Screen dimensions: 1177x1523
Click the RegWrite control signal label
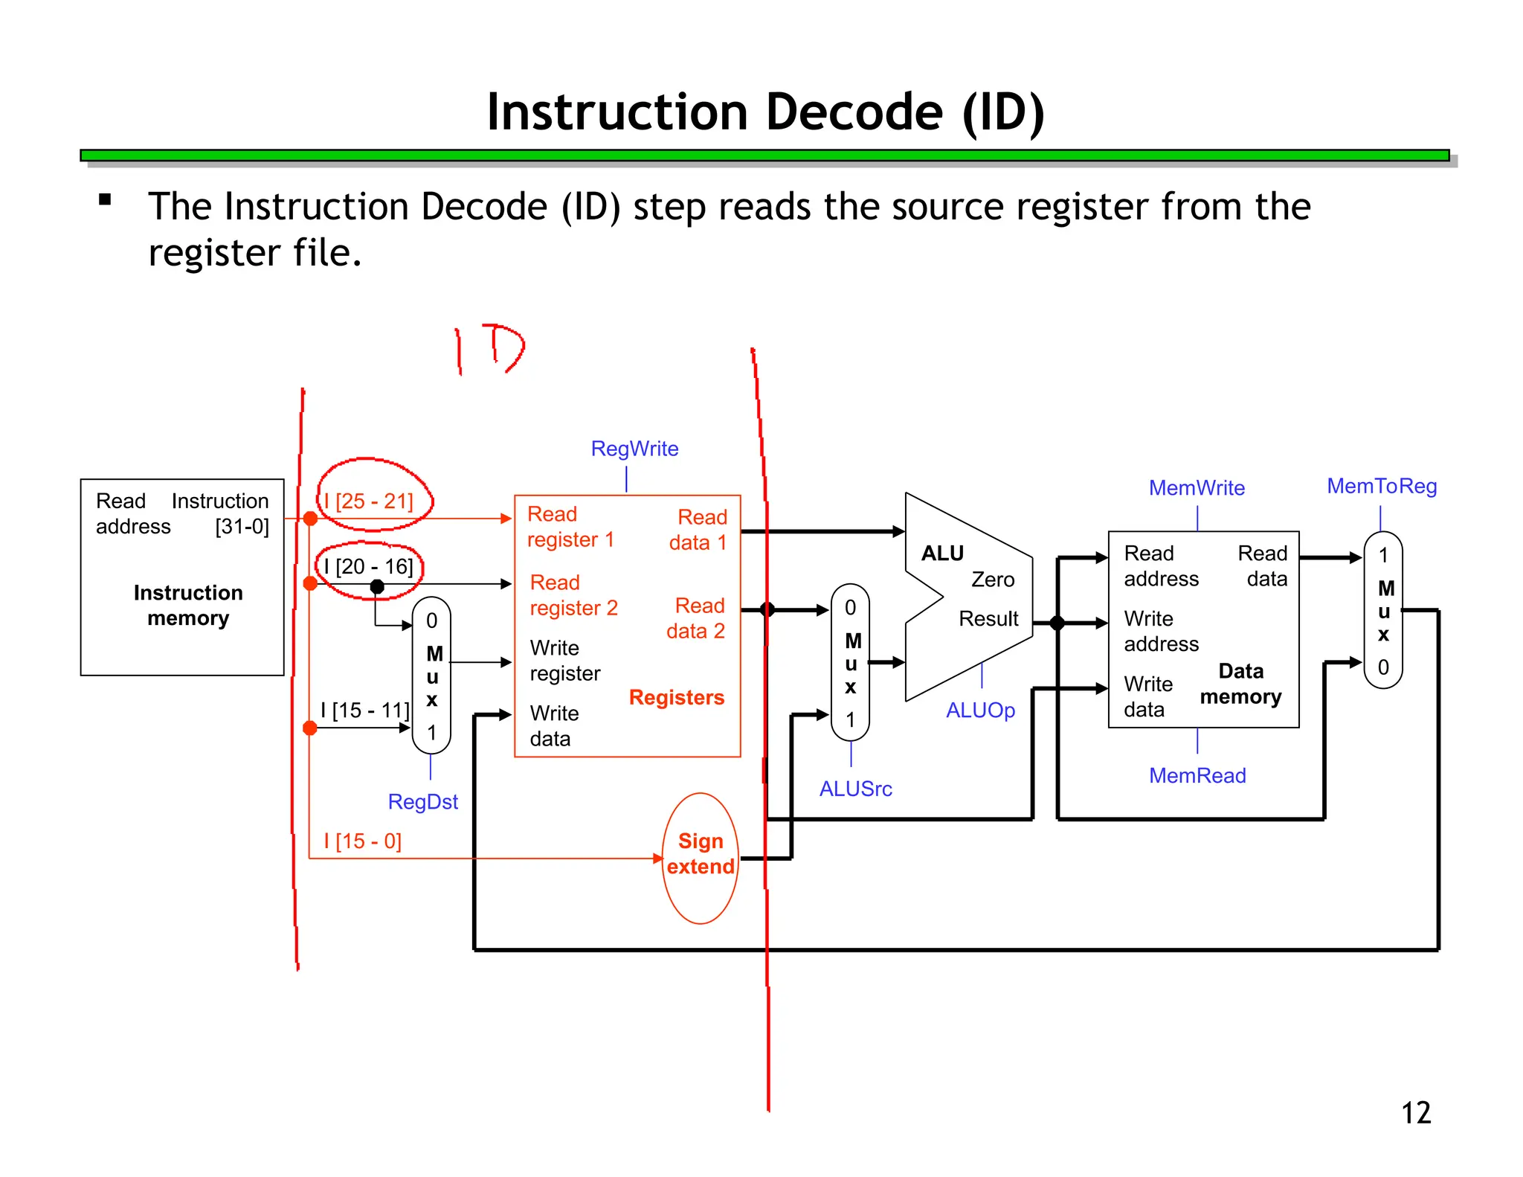[x=634, y=449]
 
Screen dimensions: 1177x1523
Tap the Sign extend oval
[x=700, y=856]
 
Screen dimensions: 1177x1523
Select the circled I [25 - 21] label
[x=369, y=501]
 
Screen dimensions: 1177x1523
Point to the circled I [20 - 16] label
[x=368, y=567]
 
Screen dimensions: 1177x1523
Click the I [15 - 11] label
[x=364, y=710]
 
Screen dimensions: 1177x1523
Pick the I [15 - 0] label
[x=363, y=841]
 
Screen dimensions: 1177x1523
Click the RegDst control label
[x=422, y=801]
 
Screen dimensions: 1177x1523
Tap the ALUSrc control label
[x=855, y=789]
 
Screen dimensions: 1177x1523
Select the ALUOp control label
[x=980, y=711]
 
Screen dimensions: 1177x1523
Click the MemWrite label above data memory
[x=1197, y=488]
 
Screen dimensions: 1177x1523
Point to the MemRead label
[x=1197, y=775]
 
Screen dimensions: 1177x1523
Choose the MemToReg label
[x=1382, y=487]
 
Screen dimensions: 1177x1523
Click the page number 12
[x=1415, y=1112]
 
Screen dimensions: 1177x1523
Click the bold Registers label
[x=676, y=697]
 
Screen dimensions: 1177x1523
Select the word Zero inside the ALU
[x=993, y=579]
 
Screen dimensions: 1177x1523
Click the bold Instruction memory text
[x=188, y=605]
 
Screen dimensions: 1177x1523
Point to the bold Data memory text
[x=1240, y=684]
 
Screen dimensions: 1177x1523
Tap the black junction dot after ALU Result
[x=1057, y=623]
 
